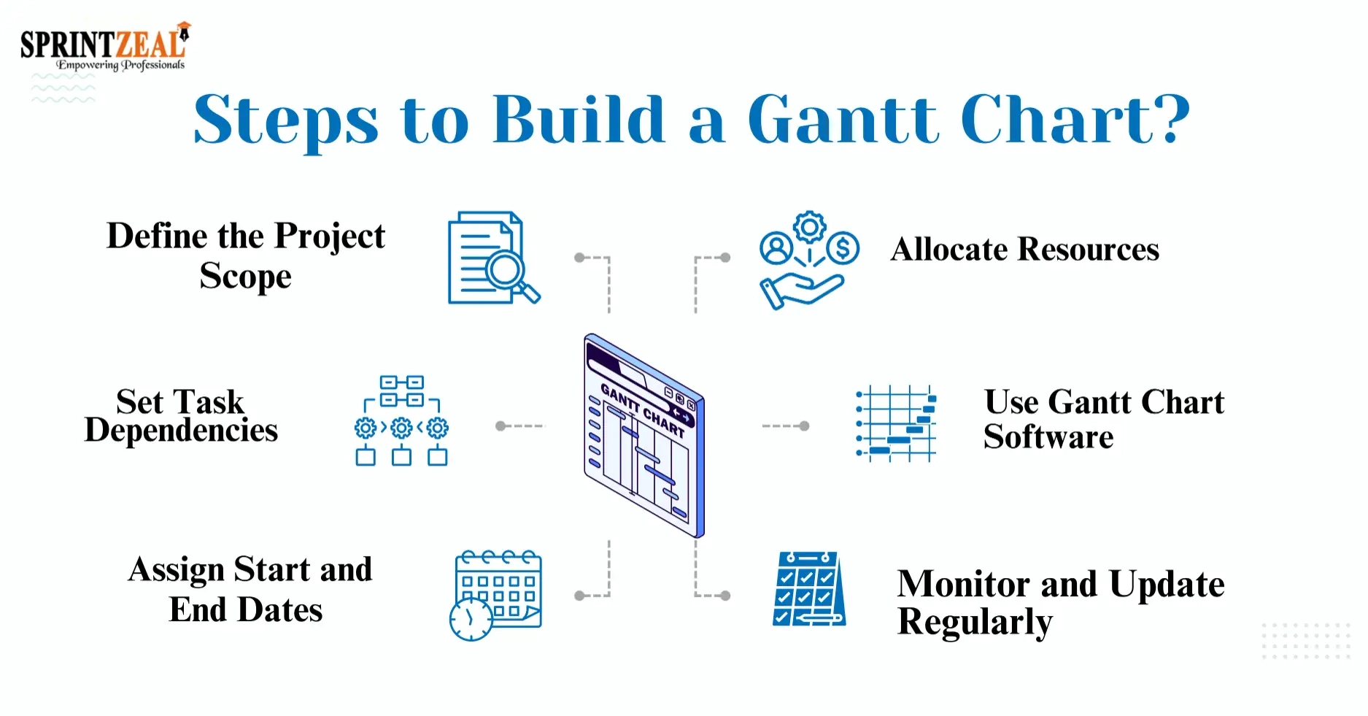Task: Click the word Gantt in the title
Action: click(843, 120)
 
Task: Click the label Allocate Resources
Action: click(1024, 250)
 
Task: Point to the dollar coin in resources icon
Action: click(843, 248)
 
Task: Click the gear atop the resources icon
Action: click(809, 228)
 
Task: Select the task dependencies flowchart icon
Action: click(401, 421)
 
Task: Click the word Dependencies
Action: click(181, 431)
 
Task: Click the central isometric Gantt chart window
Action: click(644, 436)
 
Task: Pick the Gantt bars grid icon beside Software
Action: click(896, 424)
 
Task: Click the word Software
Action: click(1048, 437)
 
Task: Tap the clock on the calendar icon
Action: click(471, 619)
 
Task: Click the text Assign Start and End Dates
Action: click(249, 588)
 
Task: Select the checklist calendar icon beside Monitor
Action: click(808, 590)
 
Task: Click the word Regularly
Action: click(974, 623)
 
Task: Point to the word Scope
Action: click(245, 277)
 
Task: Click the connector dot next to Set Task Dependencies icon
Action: click(501, 426)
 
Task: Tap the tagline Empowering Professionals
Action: click(120, 65)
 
